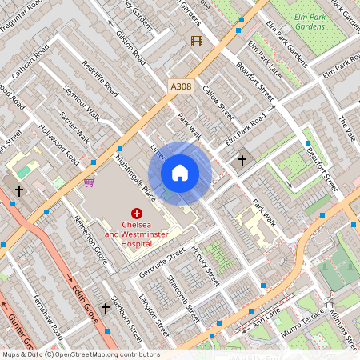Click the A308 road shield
click(x=180, y=86)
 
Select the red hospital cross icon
click(x=137, y=214)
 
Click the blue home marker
click(x=180, y=172)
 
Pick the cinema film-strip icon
click(x=197, y=40)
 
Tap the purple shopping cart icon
click(x=90, y=182)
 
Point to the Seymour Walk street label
click(x=82, y=102)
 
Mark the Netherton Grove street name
click(x=90, y=233)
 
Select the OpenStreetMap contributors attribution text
click(x=80, y=354)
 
